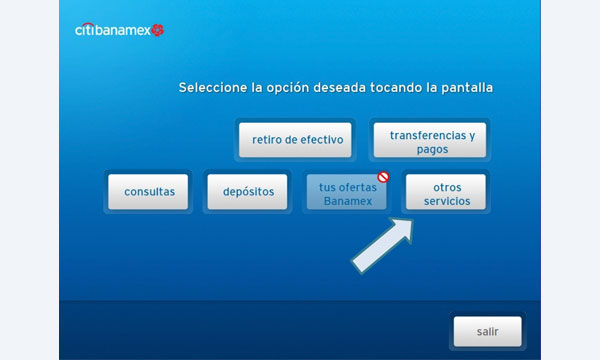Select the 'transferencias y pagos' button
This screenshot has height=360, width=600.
[430, 140]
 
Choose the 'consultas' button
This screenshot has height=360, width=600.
[149, 192]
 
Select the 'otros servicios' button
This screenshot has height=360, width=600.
[445, 192]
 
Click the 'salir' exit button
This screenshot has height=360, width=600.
[486, 331]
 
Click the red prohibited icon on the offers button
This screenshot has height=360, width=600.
[382, 177]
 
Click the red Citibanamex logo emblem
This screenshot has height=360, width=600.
[158, 30]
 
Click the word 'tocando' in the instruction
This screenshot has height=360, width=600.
[394, 88]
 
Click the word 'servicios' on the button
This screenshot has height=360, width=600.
[446, 201]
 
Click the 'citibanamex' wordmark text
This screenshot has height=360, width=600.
[112, 30]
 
